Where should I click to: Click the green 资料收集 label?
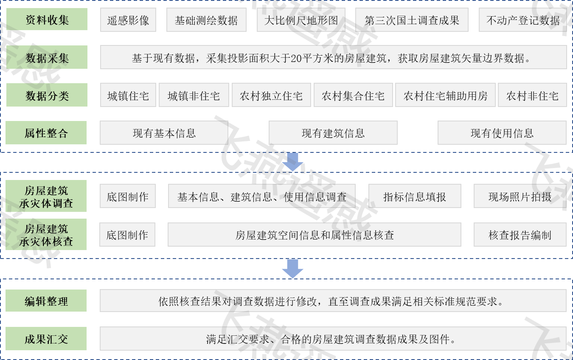tap(47, 20)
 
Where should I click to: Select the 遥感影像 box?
tap(128, 20)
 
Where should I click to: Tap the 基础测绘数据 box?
tap(206, 20)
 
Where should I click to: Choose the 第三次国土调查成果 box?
tap(412, 20)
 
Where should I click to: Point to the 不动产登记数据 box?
tap(523, 20)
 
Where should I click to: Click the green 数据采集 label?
tap(47, 57)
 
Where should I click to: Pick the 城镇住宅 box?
tap(128, 95)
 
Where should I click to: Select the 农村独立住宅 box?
tap(271, 95)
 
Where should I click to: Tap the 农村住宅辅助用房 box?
tap(445, 95)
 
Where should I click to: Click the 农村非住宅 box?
tap(532, 95)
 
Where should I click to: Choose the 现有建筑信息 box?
tap(333, 133)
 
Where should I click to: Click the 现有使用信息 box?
tap(502, 133)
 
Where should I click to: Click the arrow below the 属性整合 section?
tap(293, 162)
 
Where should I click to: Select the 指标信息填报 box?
tap(415, 196)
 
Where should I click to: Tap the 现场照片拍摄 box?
tap(520, 196)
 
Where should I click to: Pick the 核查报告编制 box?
tap(520, 235)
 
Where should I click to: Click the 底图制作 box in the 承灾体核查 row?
tap(127, 235)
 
